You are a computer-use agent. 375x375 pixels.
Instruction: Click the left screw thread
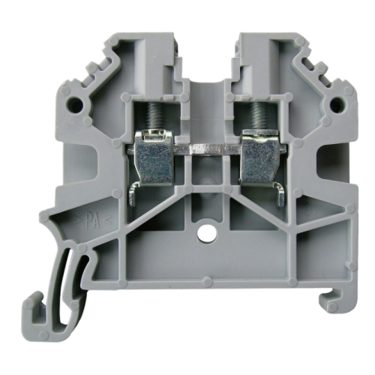(151, 115)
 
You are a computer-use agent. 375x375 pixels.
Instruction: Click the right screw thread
(256, 115)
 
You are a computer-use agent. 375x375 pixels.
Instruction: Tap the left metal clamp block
(153, 158)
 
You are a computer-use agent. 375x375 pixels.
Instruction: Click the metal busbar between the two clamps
(206, 149)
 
